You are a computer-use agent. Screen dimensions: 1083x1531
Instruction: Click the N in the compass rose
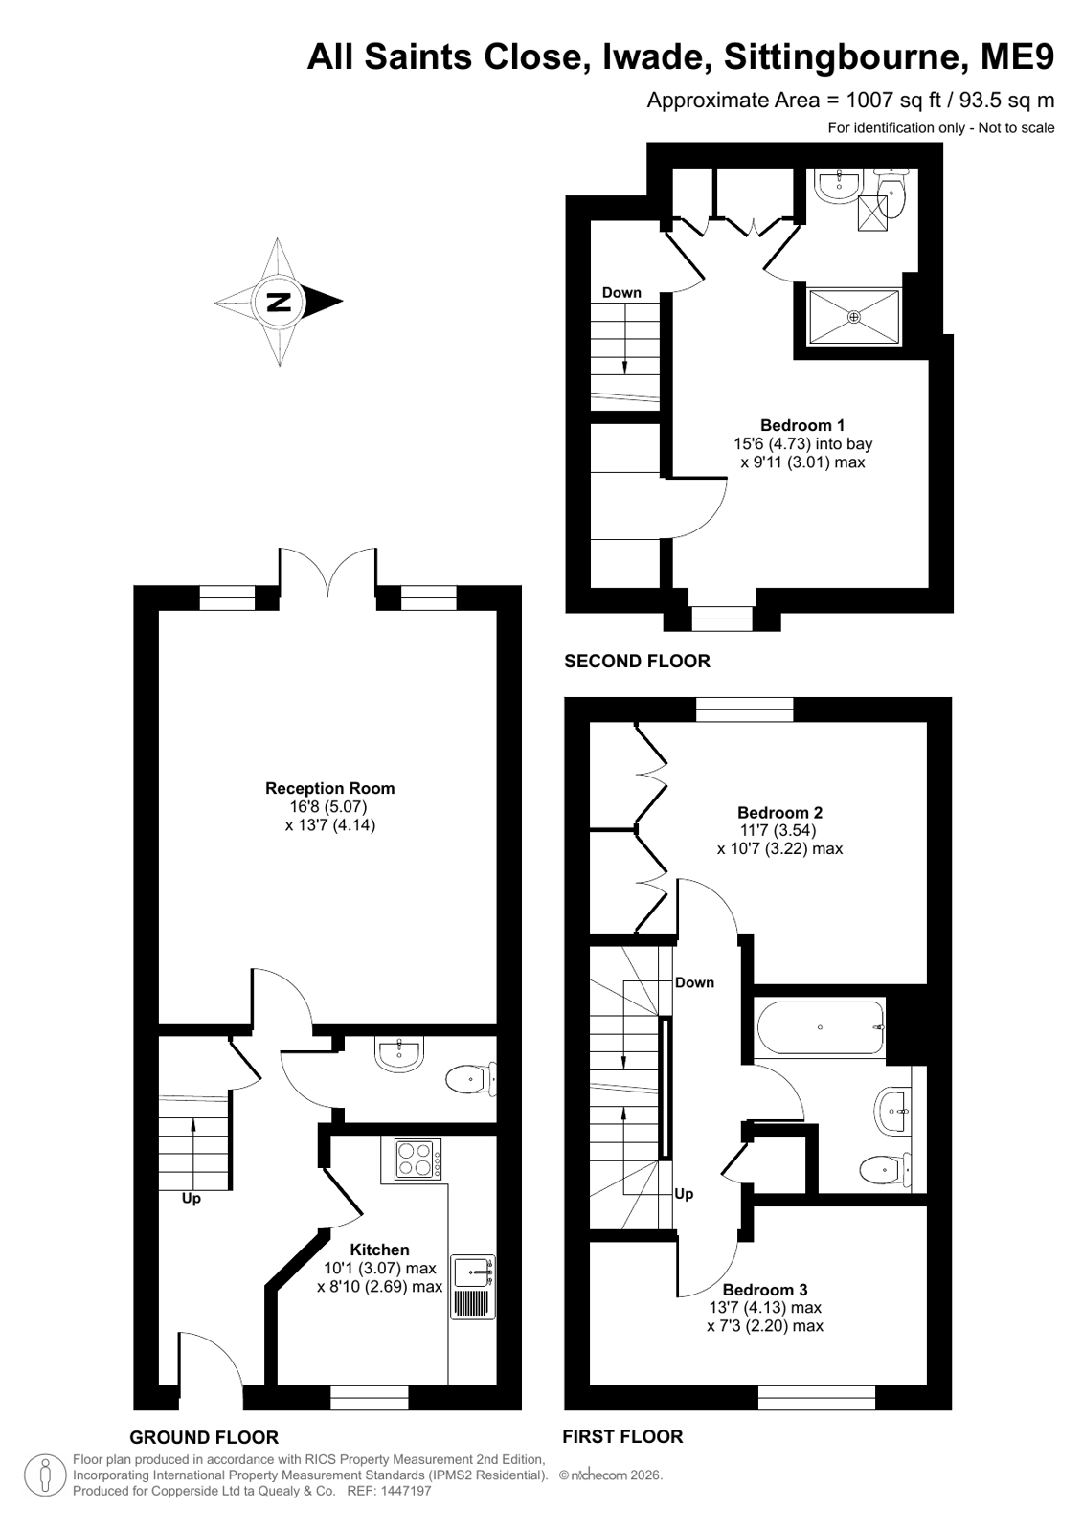tap(279, 302)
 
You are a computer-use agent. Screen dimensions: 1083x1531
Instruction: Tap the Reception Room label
tap(330, 788)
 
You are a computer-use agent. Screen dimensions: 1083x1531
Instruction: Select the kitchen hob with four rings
tap(417, 1159)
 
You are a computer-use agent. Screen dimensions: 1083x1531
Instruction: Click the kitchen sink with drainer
tap(472, 1287)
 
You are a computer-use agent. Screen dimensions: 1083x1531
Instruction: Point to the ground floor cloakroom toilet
tap(470, 1080)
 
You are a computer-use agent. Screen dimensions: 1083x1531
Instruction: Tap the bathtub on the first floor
tap(820, 1027)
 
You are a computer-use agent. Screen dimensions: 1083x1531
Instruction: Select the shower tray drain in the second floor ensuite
tap(854, 317)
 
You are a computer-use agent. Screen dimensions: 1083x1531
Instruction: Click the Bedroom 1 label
tap(802, 425)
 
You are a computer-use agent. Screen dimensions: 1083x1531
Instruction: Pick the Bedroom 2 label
tap(779, 813)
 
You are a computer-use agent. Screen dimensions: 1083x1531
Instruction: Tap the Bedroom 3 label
tap(765, 1290)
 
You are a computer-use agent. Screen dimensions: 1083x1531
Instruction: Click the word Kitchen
tap(379, 1250)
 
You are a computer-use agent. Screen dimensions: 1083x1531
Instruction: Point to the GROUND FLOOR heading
tap(204, 1438)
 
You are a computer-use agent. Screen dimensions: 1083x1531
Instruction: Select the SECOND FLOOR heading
tap(637, 661)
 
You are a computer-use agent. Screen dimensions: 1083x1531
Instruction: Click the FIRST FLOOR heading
tap(622, 1437)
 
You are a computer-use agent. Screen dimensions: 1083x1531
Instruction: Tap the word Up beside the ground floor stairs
tap(192, 1200)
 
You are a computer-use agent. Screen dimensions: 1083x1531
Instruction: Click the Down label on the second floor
tap(621, 293)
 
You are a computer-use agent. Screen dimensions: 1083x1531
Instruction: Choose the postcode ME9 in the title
tap(1017, 57)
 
